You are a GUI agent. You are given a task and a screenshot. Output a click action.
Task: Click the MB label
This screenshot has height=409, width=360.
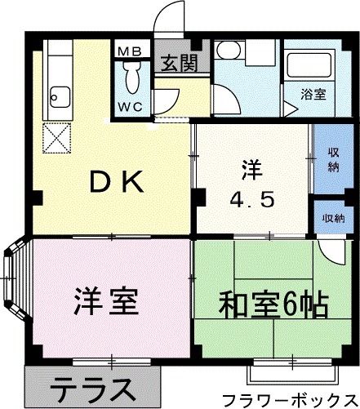130,51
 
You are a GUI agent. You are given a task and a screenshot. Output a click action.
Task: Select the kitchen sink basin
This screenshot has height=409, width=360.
58,100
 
